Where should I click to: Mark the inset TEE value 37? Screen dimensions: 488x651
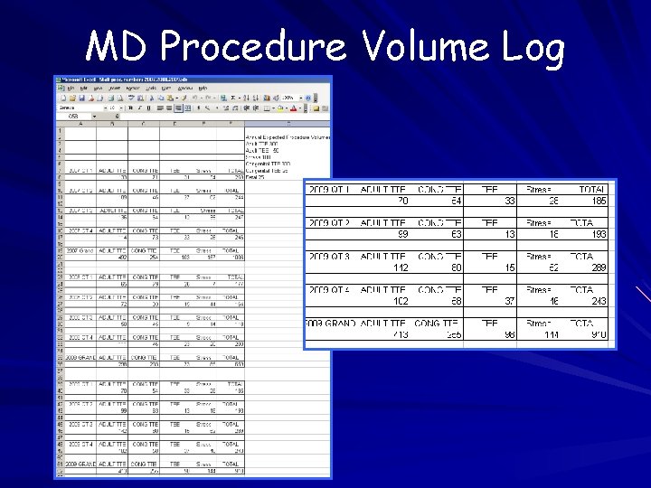(x=509, y=301)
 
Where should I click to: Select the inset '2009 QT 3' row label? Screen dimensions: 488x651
(x=330, y=257)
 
